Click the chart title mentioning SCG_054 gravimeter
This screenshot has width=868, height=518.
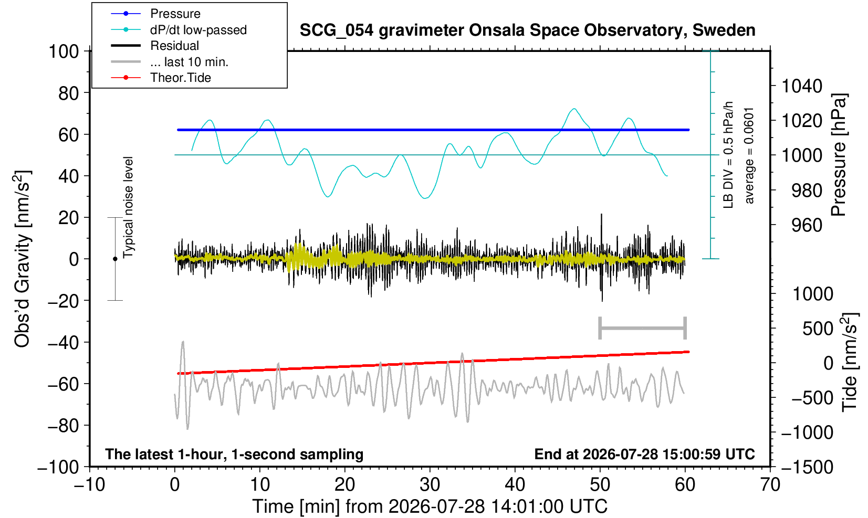(x=527, y=30)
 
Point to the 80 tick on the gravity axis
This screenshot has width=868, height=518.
(x=69, y=93)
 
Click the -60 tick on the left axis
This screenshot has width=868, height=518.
(x=63, y=384)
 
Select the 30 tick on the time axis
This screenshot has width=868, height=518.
(x=430, y=485)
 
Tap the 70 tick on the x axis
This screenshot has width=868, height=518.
(x=770, y=485)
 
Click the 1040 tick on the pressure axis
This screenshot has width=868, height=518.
(x=802, y=86)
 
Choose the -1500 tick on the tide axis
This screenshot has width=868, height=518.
(x=807, y=467)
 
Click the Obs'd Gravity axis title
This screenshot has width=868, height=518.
(x=22, y=259)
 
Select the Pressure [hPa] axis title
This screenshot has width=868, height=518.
(x=839, y=155)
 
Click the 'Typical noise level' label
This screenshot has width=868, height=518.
(x=128, y=207)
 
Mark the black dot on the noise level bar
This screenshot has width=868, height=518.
(x=115, y=259)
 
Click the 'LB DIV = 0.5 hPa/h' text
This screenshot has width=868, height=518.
(x=728, y=155)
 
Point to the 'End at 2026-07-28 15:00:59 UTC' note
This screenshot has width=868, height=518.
(x=644, y=454)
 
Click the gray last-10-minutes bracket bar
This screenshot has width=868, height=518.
(x=643, y=328)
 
